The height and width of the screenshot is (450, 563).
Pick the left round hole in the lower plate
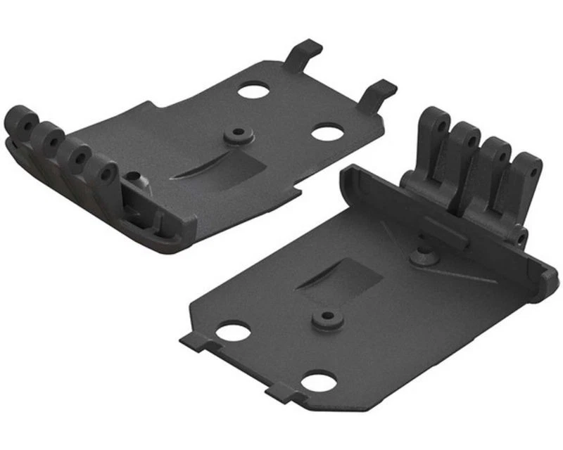229,330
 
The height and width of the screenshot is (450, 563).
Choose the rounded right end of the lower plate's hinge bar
545,285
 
